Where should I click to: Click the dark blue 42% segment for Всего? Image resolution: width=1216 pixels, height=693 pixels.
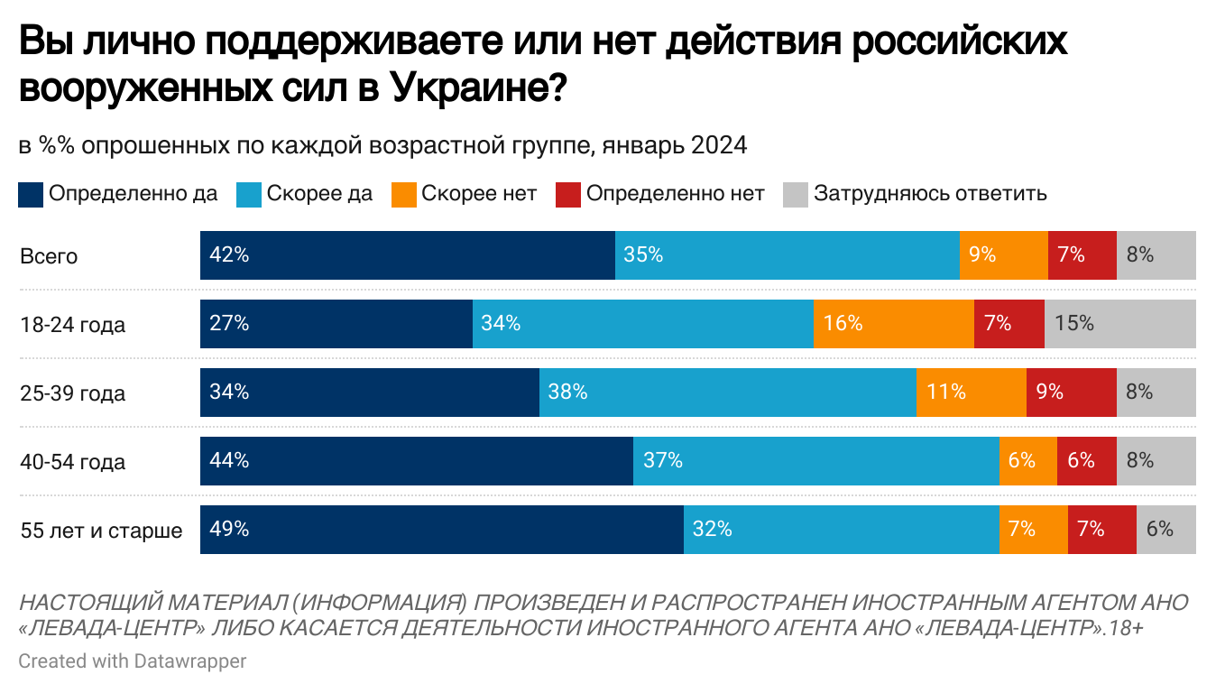pos(407,255)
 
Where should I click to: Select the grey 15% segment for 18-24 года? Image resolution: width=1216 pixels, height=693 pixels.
pos(1119,324)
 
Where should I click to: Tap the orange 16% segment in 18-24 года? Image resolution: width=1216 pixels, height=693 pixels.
pos(893,324)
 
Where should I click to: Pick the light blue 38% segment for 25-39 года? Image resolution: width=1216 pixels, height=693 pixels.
pos(727,393)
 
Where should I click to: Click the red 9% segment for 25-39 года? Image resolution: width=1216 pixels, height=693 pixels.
pos(1071,393)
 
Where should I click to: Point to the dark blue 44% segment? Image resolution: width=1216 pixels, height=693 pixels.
pos(416,461)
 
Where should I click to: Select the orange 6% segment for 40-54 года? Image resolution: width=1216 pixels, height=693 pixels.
pos(1027,461)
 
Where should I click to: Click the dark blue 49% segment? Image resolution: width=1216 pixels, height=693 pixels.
pos(441,530)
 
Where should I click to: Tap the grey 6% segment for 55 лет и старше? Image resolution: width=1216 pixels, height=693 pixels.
pos(1165,530)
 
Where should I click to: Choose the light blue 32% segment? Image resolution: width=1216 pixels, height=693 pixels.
pos(841,530)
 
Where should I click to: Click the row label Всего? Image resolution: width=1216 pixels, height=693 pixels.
pos(49,256)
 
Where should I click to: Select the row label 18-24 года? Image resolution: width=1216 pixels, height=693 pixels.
pos(72,325)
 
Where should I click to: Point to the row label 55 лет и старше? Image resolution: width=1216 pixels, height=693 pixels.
pos(101,531)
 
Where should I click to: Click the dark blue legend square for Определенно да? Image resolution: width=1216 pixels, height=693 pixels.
pos(31,194)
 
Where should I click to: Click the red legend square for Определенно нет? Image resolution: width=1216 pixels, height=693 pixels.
pos(567,194)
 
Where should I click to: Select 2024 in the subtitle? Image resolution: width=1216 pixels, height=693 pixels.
pos(719,145)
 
